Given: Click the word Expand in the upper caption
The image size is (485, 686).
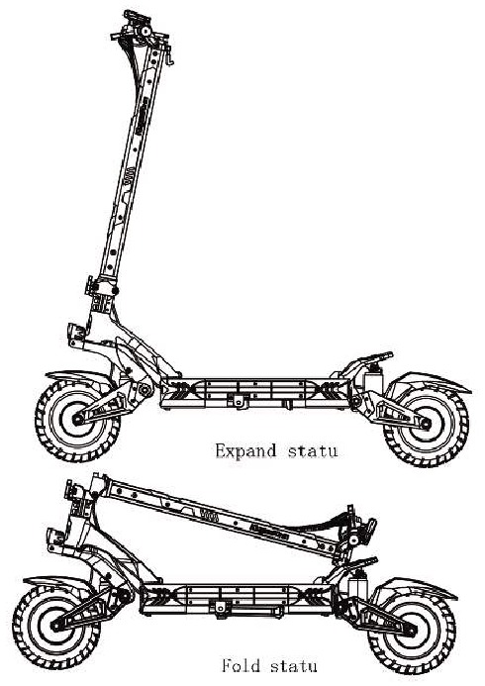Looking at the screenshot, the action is pyautogui.click(x=245, y=451).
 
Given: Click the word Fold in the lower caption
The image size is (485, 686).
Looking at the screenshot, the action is pyautogui.click(x=241, y=665).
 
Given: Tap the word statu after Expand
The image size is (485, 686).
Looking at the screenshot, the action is pyautogui.click(x=313, y=451).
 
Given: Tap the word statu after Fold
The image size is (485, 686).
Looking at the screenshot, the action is pyautogui.click(x=293, y=666).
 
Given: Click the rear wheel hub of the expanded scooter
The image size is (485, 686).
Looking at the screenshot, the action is pyautogui.click(x=426, y=423).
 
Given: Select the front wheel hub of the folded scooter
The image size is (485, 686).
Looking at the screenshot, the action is pyautogui.click(x=55, y=626).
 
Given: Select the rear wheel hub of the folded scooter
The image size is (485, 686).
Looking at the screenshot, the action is pyautogui.click(x=411, y=630).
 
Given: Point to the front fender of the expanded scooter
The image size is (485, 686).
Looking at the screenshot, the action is pyautogui.click(x=79, y=377).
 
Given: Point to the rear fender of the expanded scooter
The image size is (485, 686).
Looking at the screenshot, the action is pyautogui.click(x=431, y=381).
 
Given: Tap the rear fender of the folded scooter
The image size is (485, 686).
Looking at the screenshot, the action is pyautogui.click(x=416, y=587).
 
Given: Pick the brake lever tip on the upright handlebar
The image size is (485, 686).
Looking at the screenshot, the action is pyautogui.click(x=171, y=62).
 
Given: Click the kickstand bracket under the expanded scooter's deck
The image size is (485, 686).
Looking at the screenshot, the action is pyautogui.click(x=239, y=400).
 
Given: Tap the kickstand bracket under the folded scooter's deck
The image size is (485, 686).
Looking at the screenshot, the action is pyautogui.click(x=220, y=607).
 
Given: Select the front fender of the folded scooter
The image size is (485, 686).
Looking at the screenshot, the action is pyautogui.click(x=56, y=582).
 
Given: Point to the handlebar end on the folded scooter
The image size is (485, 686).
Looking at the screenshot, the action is pyautogui.click(x=372, y=526).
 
